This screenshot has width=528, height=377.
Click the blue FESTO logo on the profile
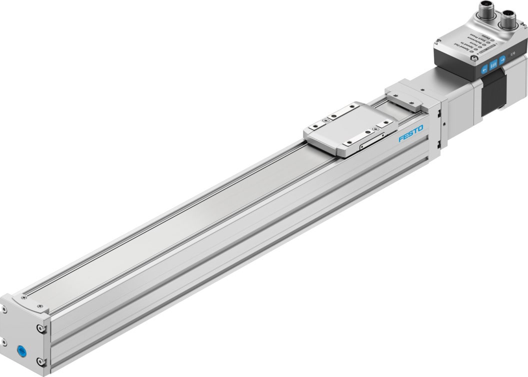pos(410,134)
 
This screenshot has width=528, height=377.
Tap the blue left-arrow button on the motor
pos(484,70)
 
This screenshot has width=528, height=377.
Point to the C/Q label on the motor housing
pos(512,54)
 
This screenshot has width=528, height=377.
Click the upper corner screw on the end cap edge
pos(41,329)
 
